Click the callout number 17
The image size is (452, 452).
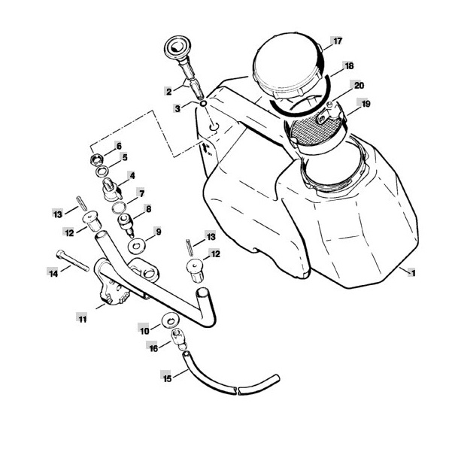[338, 41]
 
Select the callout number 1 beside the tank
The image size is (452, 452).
[413, 273]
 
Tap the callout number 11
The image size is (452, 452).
[83, 319]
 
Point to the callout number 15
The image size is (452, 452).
[167, 378]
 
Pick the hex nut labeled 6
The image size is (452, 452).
[97, 159]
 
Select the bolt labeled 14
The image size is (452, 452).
[73, 260]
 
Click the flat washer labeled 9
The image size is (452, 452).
[136, 247]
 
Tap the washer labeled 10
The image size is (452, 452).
[171, 320]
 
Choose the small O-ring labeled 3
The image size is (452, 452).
[204, 104]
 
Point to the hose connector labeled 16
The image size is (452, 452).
[179, 338]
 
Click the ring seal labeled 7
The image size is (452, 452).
[119, 208]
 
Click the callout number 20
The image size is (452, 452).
[359, 86]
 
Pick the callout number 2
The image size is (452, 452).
[168, 92]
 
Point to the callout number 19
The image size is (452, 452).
[366, 104]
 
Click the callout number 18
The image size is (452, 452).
[349, 66]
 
